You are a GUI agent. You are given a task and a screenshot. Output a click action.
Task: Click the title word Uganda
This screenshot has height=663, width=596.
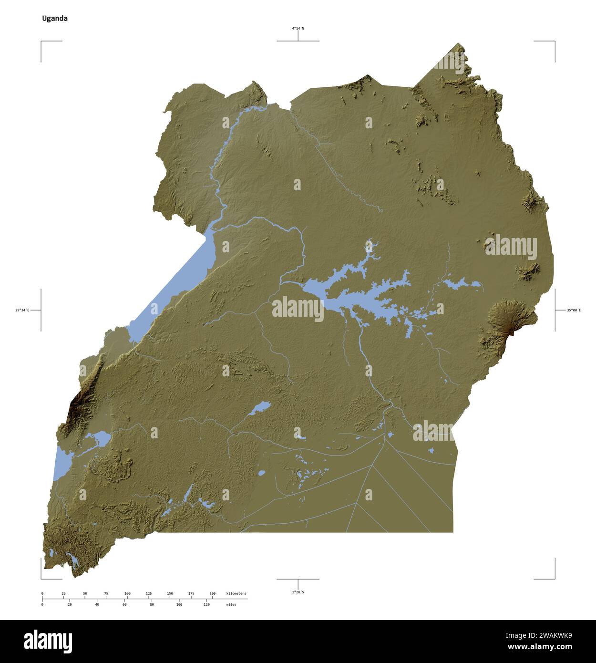pos(54,19)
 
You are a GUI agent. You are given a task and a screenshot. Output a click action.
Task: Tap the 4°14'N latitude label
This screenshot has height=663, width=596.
pos(298,29)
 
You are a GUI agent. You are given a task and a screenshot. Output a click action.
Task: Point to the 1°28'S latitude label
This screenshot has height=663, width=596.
pos(298,592)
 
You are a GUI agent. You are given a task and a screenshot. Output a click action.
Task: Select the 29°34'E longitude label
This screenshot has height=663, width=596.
pos(22,311)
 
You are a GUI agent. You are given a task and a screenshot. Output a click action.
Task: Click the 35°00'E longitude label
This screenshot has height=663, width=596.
pos(574,311)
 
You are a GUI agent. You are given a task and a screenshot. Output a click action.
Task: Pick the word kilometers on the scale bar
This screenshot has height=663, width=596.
pos(236,593)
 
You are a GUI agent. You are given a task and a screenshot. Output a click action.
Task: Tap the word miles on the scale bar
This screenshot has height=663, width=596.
pos(231,604)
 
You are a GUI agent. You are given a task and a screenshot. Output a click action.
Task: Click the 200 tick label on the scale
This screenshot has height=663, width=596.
pos(212,593)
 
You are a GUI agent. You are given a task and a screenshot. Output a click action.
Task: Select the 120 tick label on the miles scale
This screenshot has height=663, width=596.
pos(206,604)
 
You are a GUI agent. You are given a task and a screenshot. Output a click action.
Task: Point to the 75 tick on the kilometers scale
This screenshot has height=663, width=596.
pos(106,593)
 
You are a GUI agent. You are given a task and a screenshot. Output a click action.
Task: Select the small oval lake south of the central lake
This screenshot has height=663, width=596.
pos(260,408)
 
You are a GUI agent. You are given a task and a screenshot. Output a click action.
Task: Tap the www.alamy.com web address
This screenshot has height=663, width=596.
pos(539,647)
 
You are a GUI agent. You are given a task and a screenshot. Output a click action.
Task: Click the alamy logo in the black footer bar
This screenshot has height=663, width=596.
pos(48,641)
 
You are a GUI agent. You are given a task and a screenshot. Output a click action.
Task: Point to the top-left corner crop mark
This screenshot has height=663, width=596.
pos(41,42)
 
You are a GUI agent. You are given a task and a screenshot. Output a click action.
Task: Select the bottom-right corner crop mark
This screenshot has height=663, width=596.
pos(554,578)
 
